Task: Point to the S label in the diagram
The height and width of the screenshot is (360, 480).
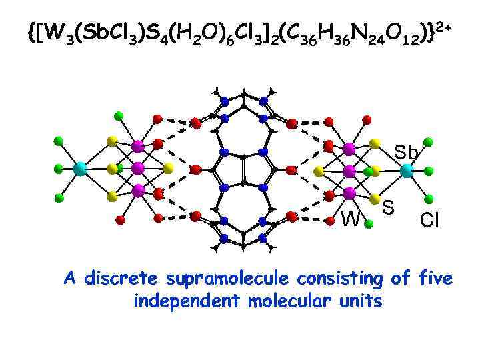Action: (389, 208)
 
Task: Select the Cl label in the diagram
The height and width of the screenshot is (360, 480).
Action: (429, 220)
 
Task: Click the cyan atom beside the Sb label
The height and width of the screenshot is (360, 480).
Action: (406, 170)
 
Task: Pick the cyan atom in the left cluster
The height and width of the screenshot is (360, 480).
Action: (79, 169)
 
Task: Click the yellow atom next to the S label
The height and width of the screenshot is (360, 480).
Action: (376, 198)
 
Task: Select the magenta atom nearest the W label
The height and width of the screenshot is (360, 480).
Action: (349, 193)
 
